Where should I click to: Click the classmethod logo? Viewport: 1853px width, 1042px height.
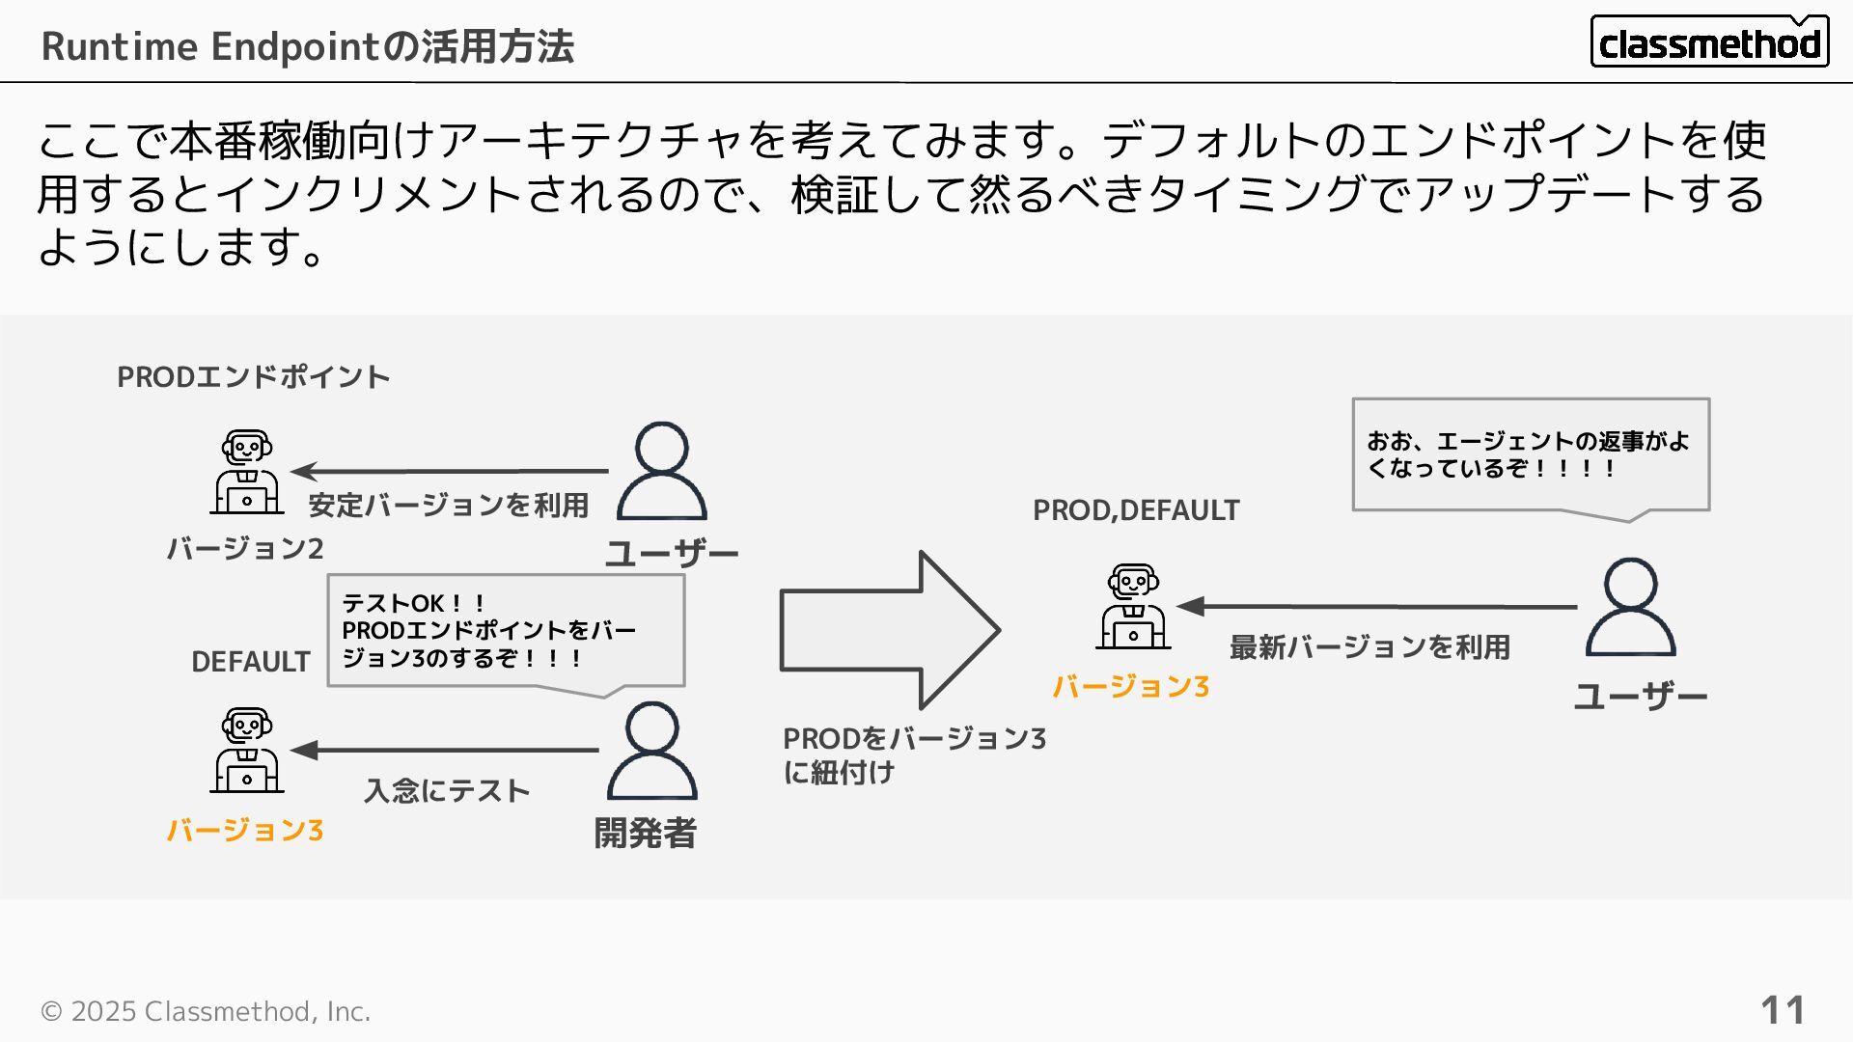[x=1708, y=42]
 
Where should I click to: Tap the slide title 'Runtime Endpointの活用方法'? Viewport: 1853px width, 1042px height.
[x=307, y=46]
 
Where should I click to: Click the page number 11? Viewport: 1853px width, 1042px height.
[x=1782, y=1010]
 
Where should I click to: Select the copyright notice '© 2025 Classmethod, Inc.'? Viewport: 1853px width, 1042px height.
[x=206, y=1011]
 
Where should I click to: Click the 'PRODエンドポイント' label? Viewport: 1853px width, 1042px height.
[x=253, y=376]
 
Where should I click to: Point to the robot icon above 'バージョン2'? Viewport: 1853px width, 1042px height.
[x=247, y=472]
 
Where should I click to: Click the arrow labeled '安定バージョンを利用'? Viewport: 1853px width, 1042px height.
[x=450, y=471]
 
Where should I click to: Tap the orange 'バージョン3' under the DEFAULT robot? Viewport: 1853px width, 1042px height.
[x=245, y=830]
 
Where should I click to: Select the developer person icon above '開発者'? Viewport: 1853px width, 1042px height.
[x=651, y=751]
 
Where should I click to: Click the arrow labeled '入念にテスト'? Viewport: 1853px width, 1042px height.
[x=445, y=750]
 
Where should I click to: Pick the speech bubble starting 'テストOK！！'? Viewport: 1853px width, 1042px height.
[x=506, y=631]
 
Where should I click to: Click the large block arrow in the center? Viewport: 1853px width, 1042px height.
[x=888, y=630]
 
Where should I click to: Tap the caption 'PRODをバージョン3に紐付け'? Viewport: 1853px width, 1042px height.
[x=913, y=754]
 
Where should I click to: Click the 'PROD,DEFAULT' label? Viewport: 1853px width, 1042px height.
[x=1136, y=509]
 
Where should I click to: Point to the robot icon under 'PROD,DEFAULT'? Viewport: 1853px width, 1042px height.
[x=1133, y=607]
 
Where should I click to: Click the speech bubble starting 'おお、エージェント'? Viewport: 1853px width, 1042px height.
[x=1531, y=454]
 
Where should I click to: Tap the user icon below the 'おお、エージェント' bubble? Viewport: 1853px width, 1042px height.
[x=1630, y=607]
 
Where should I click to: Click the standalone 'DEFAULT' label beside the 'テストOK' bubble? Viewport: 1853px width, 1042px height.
[x=251, y=662]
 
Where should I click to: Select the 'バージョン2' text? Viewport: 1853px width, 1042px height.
[x=245, y=548]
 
